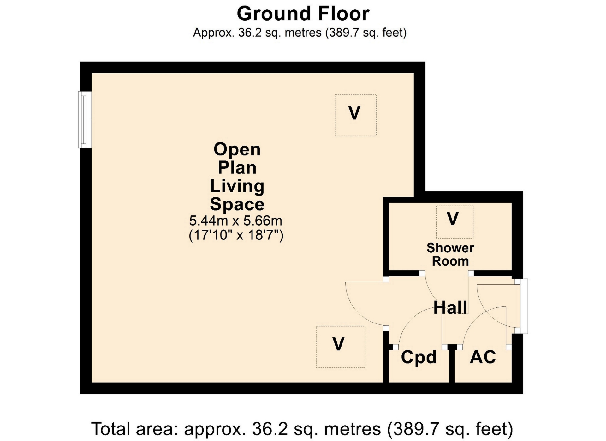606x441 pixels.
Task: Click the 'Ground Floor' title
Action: (303, 14)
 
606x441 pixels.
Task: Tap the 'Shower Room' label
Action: (450, 255)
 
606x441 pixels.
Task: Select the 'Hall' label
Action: (450, 307)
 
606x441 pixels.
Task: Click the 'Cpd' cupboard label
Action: (419, 357)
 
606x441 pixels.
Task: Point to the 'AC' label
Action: (483, 357)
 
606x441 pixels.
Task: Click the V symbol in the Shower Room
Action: (453, 219)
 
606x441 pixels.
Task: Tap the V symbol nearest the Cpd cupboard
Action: (338, 344)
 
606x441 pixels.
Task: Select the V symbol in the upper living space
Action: (354, 113)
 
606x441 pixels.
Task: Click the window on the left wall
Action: (85, 120)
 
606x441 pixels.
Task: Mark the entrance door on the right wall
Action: (524, 306)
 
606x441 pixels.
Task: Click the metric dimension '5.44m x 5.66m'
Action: (235, 220)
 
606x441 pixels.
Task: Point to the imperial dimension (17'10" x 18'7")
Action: (236, 235)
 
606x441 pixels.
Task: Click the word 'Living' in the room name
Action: (237, 186)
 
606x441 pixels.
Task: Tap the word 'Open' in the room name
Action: (237, 149)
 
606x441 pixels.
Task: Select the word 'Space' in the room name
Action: (237, 204)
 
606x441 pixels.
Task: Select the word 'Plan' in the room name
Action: (237, 168)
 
